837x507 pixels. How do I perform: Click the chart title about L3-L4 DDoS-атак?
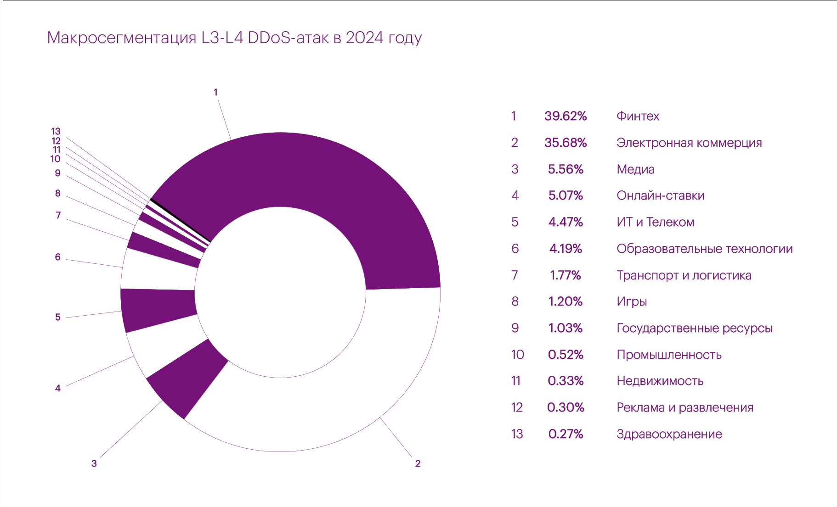point(234,38)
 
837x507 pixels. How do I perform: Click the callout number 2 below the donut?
point(418,463)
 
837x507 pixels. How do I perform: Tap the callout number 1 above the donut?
point(215,92)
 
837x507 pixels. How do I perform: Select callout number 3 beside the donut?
point(94,463)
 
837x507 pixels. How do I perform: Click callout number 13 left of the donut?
point(56,132)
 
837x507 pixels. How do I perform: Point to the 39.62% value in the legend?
point(566,116)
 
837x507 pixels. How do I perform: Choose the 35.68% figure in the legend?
point(566,143)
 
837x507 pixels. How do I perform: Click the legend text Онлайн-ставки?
point(660,195)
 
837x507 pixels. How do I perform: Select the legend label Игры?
point(632,301)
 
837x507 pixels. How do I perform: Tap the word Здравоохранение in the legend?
point(669,434)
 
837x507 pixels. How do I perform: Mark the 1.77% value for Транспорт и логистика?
point(566,275)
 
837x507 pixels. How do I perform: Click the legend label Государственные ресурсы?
point(694,328)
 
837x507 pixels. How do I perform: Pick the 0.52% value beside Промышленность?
point(566,355)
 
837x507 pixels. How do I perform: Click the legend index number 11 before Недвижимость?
point(516,381)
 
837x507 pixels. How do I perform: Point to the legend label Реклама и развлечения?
point(684,407)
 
